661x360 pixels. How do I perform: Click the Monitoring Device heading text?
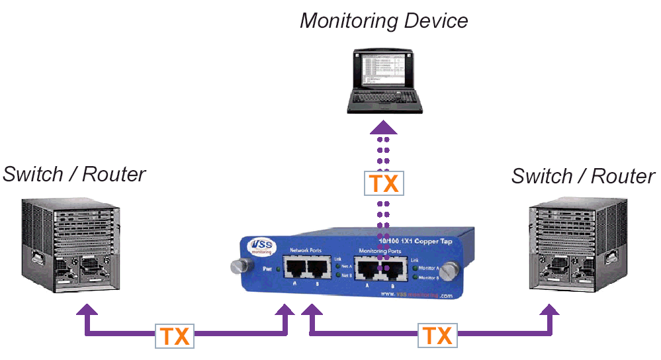tap(384, 21)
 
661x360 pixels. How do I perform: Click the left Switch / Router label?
tap(74, 174)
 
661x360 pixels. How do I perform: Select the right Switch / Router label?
tap(583, 176)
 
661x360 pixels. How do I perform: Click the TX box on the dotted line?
tap(384, 183)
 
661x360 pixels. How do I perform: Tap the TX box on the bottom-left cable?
tap(175, 336)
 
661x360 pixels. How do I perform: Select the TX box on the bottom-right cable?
tap(437, 336)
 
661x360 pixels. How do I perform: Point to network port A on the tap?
tap(295, 268)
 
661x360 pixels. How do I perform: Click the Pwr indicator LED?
tap(278, 269)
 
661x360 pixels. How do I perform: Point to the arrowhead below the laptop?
tap(384, 128)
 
